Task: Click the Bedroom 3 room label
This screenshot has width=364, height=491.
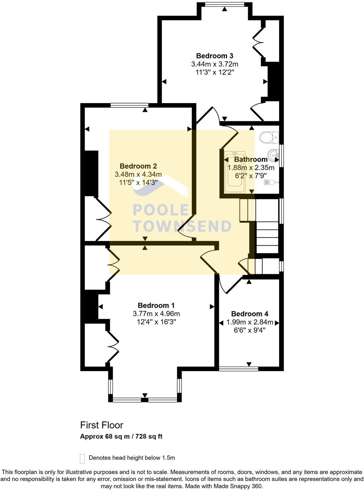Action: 215,56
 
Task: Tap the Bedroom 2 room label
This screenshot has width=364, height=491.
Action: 138,166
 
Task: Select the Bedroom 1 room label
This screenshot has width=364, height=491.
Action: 156,305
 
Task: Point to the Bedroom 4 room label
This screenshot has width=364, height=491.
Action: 249,314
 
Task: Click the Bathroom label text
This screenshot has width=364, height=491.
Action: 251,159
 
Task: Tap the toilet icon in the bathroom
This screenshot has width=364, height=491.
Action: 269,137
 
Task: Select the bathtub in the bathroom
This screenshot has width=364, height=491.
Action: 235,172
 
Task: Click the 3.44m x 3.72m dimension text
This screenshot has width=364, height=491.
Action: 215,64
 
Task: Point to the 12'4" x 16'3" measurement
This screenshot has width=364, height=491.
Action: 156,322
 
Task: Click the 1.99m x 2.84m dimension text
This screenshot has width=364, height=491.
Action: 249,322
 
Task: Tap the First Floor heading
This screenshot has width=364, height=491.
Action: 101,425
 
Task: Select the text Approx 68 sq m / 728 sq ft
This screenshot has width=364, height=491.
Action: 121,436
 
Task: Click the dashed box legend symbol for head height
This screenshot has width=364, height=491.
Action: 82,458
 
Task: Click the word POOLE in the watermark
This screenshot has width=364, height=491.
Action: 160,210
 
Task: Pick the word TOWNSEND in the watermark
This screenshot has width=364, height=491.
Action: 182,226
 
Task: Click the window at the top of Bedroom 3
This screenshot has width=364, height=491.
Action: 224,4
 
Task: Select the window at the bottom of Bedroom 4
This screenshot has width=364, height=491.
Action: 239,369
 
